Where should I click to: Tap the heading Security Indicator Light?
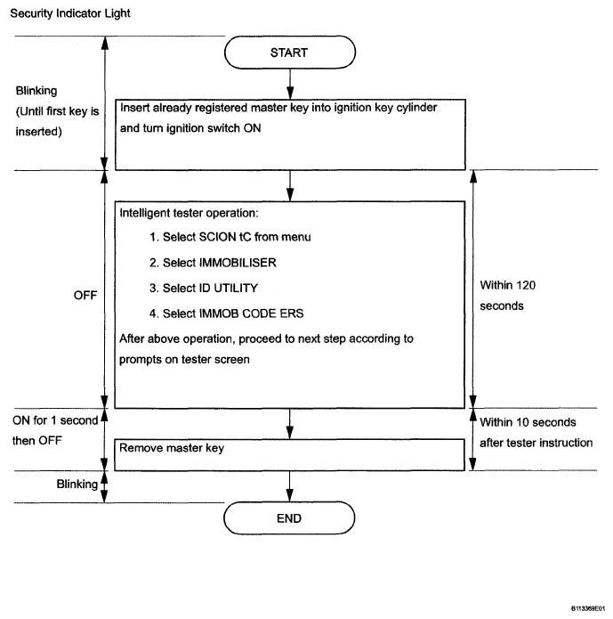[69, 13]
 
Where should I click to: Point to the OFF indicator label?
[85, 296]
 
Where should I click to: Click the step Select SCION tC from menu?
[230, 237]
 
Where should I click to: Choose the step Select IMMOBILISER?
[213, 263]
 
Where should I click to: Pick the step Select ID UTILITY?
[204, 289]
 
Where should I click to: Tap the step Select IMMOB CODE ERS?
[226, 314]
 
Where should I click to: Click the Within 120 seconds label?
[508, 296]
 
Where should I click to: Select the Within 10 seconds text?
[528, 422]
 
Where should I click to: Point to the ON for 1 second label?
[55, 420]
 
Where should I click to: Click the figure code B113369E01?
[588, 608]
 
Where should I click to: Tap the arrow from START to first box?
[290, 84]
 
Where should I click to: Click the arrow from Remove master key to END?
[289, 486]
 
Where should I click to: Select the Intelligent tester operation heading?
[189, 213]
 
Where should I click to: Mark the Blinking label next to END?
[77, 484]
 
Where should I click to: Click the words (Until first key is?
[57, 111]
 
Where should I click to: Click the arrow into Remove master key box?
[289, 424]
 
